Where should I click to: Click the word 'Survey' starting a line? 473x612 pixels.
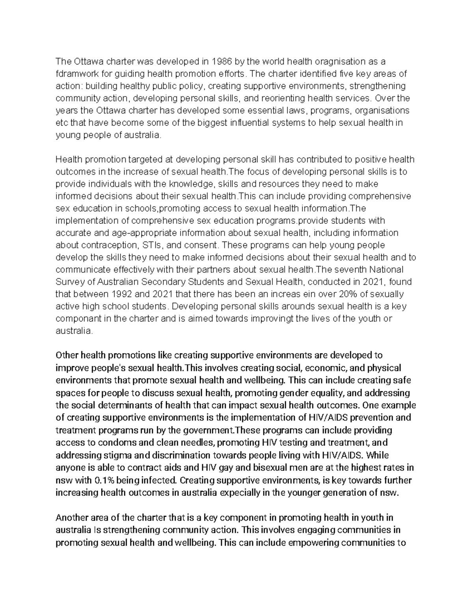click(x=69, y=282)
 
